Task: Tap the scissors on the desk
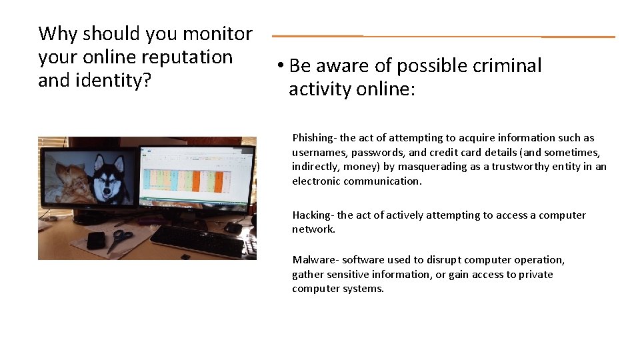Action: tap(120, 239)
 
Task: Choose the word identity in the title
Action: tap(111, 81)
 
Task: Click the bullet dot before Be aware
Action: tap(281, 66)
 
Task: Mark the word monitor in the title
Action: tap(217, 33)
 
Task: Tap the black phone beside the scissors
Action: tap(96, 240)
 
